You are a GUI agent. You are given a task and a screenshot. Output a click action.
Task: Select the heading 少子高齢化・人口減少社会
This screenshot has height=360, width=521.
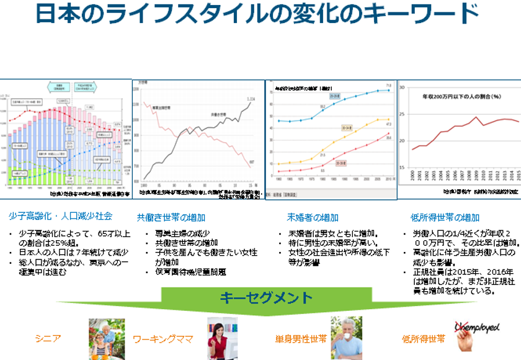(60, 217)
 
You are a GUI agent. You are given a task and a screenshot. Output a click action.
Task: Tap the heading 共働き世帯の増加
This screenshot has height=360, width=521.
(171, 217)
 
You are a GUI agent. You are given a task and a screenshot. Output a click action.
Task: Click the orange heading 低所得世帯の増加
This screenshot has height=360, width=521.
(445, 217)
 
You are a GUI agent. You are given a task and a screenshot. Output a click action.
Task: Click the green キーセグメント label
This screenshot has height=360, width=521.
(266, 298)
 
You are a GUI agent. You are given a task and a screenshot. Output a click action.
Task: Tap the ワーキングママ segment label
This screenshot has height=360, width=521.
(163, 340)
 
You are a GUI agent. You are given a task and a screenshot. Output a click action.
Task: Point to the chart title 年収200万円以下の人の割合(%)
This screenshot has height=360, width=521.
(461, 97)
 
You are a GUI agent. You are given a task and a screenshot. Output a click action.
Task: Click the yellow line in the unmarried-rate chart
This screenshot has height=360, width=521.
(347, 134)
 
